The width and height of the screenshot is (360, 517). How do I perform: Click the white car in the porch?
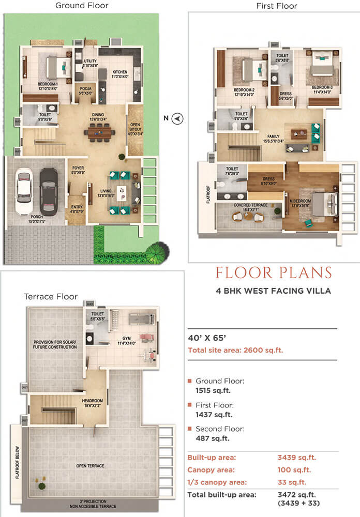tap(24, 192)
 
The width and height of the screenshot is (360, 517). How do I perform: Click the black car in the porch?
tap(48, 191)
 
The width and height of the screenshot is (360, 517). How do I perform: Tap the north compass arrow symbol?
tap(178, 118)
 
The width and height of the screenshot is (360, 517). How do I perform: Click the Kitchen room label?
tap(120, 74)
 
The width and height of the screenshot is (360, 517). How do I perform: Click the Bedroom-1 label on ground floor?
tap(48, 85)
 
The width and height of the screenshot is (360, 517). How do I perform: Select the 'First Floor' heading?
tap(277, 6)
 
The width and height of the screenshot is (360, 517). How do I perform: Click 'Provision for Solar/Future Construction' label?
tap(55, 344)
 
